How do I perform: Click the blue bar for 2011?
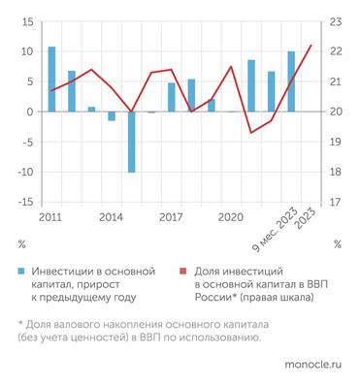click(51, 79)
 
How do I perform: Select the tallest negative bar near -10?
click(131, 142)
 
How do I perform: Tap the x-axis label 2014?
click(111, 218)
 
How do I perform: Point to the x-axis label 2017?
click(171, 218)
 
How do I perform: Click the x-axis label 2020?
click(231, 218)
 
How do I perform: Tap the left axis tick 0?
click(29, 112)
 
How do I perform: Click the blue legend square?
click(21, 273)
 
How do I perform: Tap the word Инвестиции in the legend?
click(64, 273)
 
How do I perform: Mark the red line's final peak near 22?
click(311, 45)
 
